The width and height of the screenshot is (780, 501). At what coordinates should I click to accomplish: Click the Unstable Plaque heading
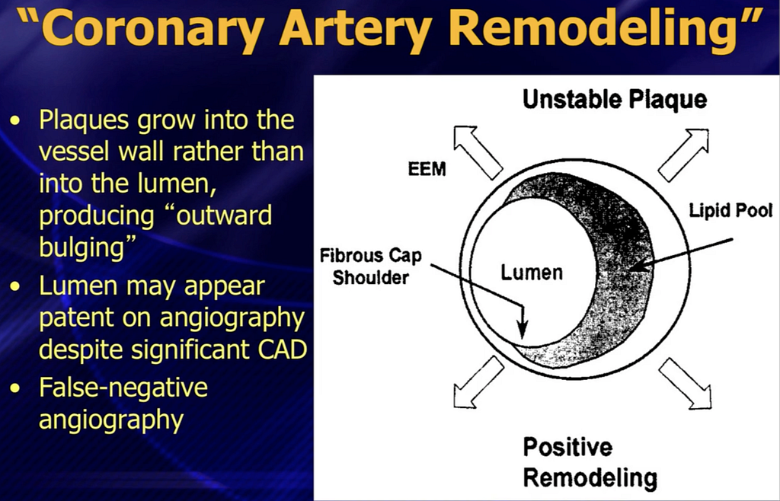tap(615, 99)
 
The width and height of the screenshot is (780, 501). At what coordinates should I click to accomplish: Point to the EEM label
tap(427, 169)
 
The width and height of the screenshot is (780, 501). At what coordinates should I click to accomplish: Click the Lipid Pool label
tap(730, 210)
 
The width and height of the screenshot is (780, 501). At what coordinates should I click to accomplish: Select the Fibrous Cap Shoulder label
tap(371, 266)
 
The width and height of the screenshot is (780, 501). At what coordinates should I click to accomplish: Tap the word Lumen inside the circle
tap(531, 273)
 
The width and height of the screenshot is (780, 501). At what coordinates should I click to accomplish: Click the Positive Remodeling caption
tap(590, 462)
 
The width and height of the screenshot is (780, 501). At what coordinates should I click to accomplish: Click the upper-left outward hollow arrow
tap(478, 152)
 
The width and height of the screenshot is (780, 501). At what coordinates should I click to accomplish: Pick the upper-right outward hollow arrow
tap(683, 155)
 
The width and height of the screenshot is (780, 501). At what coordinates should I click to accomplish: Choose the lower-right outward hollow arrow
tap(685, 383)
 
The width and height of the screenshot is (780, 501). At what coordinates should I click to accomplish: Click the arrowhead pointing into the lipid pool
tap(639, 266)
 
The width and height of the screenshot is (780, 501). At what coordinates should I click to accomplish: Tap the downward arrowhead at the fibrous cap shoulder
tap(522, 329)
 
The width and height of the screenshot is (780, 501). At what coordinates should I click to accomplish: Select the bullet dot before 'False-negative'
tap(16, 388)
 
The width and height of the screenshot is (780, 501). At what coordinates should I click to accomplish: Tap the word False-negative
tap(123, 387)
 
